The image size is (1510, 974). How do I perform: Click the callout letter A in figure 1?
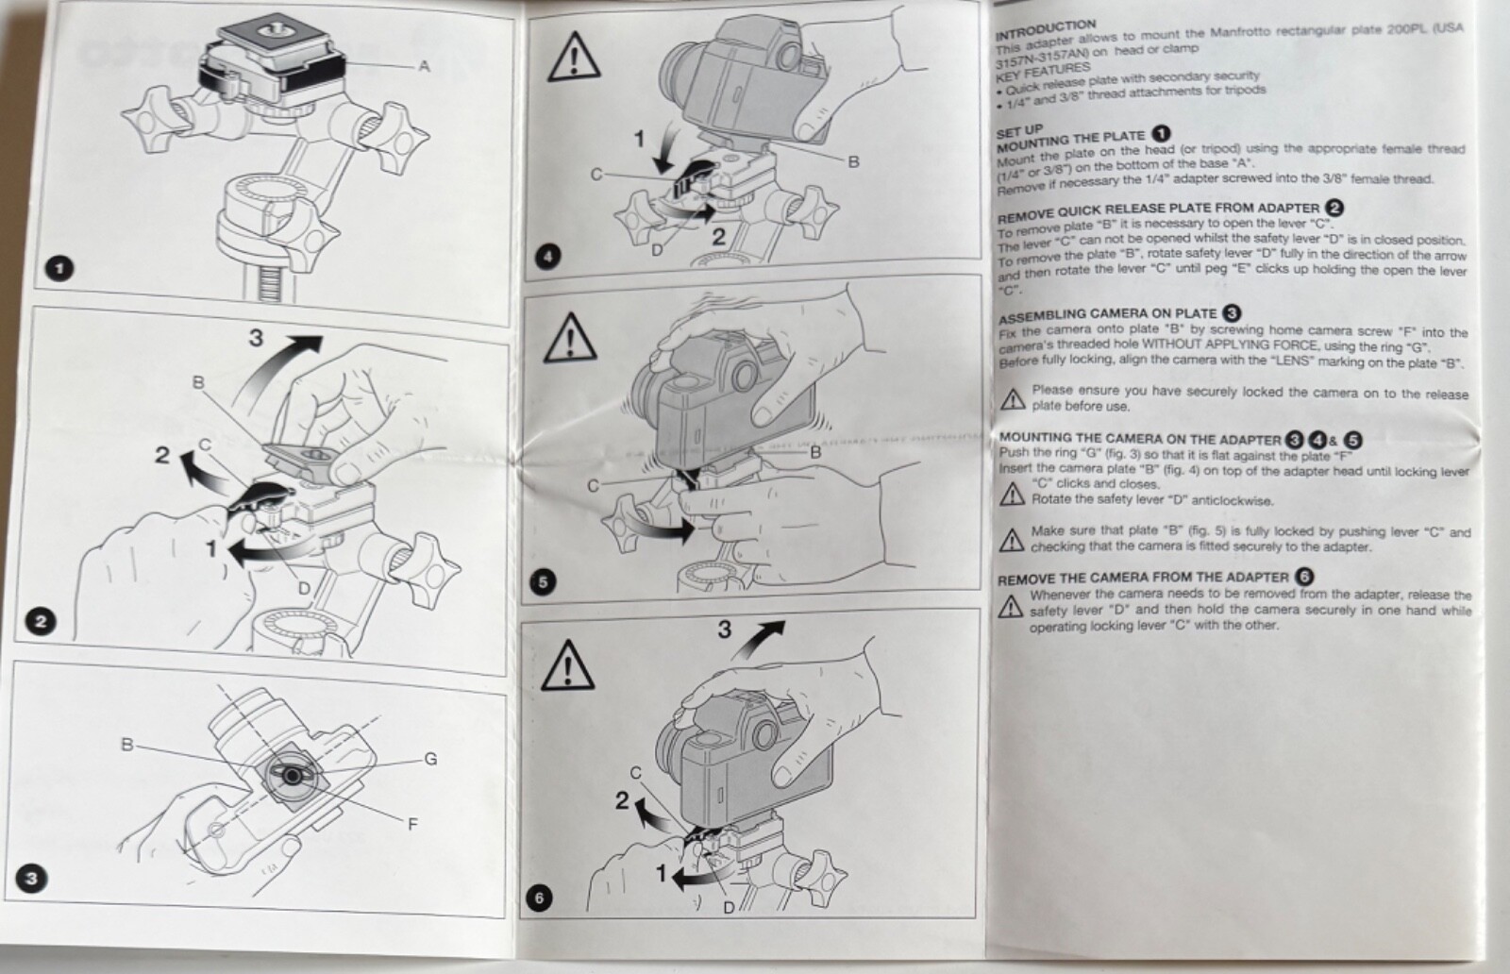pos(424,65)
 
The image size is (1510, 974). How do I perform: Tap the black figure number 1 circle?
pos(60,269)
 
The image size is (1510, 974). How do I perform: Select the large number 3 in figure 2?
pos(256,337)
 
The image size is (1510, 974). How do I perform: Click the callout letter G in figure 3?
pos(430,758)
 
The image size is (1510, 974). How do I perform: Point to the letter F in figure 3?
pos(412,824)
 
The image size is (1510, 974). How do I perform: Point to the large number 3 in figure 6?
pos(724,629)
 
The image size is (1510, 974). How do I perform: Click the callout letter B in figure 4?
pos(853,161)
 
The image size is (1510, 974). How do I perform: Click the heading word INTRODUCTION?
pos(1045,27)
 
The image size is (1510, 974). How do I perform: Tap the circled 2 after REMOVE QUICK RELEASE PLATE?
pos(1334,208)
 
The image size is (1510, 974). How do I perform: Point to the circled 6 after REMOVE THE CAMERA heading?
pos(1304,576)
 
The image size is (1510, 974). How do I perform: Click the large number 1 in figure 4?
pos(639,139)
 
